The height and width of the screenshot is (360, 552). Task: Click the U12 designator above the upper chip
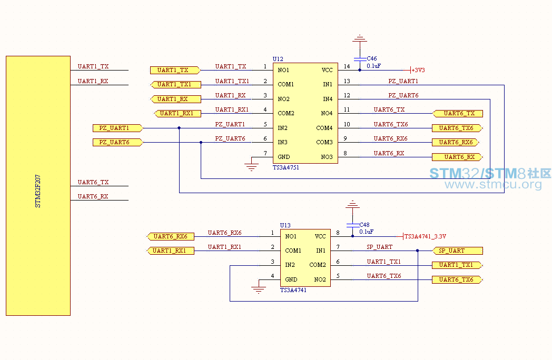point(278,59)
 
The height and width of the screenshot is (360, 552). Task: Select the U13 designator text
point(285,225)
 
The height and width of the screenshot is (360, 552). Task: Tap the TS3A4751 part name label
point(286,167)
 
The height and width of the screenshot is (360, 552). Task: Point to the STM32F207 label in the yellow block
point(38,191)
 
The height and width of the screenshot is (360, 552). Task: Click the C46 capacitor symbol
point(360,59)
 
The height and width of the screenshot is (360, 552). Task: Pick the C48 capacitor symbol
point(353,225)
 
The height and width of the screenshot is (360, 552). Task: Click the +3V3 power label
point(418,70)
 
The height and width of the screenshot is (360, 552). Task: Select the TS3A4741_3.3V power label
point(425,236)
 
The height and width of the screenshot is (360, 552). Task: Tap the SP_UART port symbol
point(457,251)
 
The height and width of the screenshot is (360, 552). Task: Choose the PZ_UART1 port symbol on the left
point(118,128)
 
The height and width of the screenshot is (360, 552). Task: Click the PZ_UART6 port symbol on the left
point(118,142)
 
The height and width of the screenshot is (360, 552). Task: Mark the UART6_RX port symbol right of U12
point(457,157)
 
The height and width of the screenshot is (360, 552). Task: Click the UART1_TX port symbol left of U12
point(175,70)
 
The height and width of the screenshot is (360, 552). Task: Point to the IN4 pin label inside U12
point(328,99)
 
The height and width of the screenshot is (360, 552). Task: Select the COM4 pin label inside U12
point(324,128)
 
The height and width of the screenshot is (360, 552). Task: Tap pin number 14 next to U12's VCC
point(347,66)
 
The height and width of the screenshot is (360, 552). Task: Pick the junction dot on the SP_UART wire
point(418,251)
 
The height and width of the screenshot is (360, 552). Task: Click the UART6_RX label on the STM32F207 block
point(93,196)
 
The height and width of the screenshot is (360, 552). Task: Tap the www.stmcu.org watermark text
point(493,184)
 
